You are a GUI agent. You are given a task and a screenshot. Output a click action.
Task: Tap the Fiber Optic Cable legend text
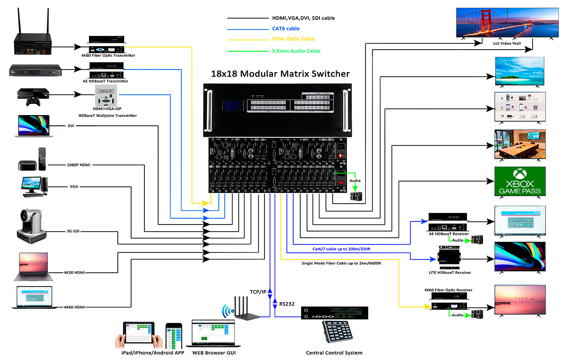point(293,39)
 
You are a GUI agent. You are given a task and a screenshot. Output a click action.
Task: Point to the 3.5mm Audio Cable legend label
point(296,51)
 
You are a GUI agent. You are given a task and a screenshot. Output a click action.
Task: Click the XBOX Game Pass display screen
point(520,182)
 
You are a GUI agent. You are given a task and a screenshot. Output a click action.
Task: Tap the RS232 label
point(287,304)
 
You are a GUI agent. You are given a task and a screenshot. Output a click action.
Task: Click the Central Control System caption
point(334,353)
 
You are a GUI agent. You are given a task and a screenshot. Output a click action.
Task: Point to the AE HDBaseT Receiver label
point(448,233)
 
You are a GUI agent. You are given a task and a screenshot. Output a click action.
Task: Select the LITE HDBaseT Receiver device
point(449,256)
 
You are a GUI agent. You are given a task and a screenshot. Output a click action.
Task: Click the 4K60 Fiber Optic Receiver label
point(448,290)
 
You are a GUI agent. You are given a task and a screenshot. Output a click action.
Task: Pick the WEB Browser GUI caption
point(214,353)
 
